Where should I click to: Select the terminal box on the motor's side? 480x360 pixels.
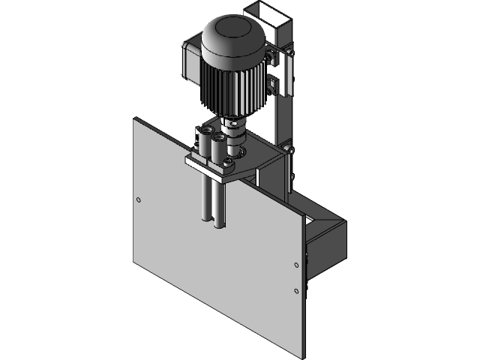click(190, 60)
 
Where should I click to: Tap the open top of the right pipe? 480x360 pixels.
click(220, 137)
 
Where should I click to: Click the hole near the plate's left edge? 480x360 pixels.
click(137, 199)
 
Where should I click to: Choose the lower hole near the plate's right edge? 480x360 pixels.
click(296, 290)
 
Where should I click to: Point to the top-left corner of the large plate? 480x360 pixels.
click(134, 120)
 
